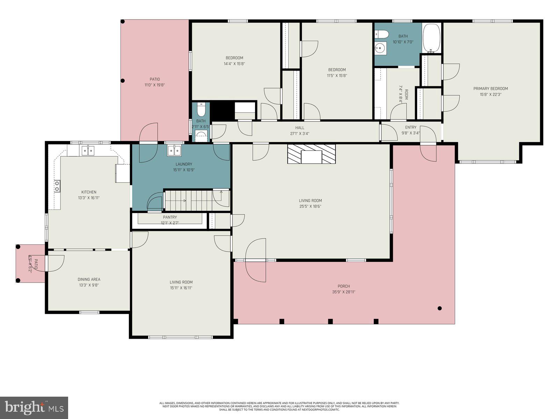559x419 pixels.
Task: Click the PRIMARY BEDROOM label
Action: (491, 89)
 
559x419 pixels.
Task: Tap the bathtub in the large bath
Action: (432, 38)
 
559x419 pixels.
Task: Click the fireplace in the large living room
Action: (311, 154)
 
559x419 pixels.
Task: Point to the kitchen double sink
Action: (88, 150)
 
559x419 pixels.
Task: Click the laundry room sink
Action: (174, 150)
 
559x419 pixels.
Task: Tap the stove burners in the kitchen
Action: (57, 186)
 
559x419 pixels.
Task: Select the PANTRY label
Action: (170, 217)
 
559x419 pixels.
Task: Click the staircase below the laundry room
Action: (189, 200)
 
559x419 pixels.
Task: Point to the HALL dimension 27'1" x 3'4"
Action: (299, 134)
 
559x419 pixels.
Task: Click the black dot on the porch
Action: (440, 308)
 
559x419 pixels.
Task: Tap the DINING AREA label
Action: (89, 279)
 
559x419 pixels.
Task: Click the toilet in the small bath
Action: (201, 110)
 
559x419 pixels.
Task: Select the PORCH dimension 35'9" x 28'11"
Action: (343, 292)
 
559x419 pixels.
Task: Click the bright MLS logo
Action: (34, 407)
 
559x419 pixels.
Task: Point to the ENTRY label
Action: (411, 127)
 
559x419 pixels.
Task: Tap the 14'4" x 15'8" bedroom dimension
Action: (234, 64)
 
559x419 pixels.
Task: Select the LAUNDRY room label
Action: (184, 164)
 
